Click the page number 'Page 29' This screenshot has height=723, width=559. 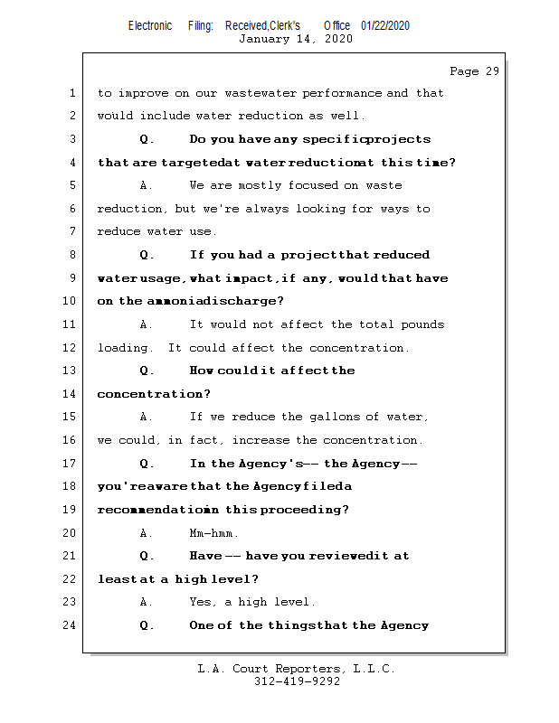coord(474,71)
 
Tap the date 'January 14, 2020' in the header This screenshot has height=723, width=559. coord(295,39)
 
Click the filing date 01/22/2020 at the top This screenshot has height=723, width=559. coord(385,25)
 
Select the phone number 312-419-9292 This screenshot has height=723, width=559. coord(297,681)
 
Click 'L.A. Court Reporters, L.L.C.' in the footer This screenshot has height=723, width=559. coord(297,669)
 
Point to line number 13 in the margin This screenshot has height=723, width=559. coord(71,371)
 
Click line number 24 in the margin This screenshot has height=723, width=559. coord(71,625)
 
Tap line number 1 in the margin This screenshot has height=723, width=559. coord(71,93)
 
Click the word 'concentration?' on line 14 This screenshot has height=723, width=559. coord(154,394)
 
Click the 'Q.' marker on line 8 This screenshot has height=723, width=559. coord(147,255)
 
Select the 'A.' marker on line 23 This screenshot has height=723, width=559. coord(147,602)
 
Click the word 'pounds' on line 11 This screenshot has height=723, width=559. coord(424,324)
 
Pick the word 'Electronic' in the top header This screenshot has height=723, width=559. coord(150,25)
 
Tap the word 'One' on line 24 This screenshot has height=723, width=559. coord(202,625)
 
